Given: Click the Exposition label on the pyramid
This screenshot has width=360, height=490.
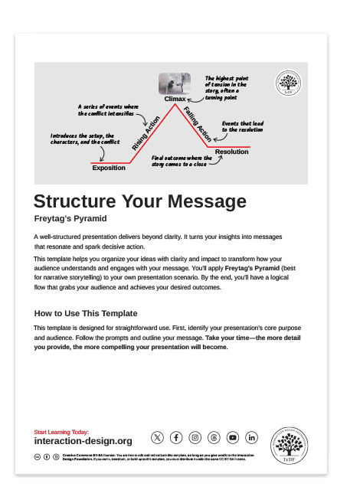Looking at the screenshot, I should pyautogui.click(x=109, y=168).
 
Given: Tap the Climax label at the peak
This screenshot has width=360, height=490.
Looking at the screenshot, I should pyautogui.click(x=175, y=100).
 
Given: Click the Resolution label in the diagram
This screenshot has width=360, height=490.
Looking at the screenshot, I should pyautogui.click(x=231, y=152).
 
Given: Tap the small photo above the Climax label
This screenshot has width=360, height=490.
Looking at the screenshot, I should pyautogui.click(x=175, y=83).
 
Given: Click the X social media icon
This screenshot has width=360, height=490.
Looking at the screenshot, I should pyautogui.click(x=157, y=437).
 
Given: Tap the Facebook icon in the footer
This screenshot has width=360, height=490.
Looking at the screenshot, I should pyautogui.click(x=176, y=437).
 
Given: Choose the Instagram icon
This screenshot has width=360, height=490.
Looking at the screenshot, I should pyautogui.click(x=195, y=437).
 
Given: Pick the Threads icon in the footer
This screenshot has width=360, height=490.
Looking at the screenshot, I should pyautogui.click(x=214, y=437).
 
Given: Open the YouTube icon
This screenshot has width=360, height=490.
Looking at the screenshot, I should pyautogui.click(x=233, y=437).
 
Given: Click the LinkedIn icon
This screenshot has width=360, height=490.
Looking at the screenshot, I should pyautogui.click(x=252, y=437).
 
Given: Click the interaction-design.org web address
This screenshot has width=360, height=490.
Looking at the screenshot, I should pyautogui.click(x=83, y=441).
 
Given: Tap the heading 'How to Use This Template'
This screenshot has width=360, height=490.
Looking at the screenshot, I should pyautogui.click(x=86, y=313).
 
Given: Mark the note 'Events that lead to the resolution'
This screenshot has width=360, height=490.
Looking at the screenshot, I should pyautogui.click(x=243, y=126).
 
